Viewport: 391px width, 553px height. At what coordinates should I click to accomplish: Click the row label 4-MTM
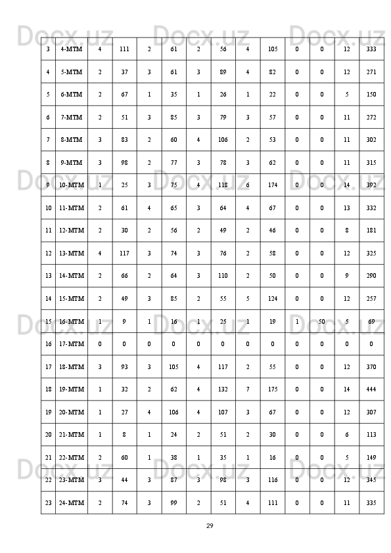pyautogui.click(x=71, y=49)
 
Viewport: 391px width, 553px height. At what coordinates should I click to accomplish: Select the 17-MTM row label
pyautogui.click(x=71, y=343)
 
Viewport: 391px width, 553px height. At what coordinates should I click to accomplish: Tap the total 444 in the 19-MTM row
pyautogui.click(x=371, y=389)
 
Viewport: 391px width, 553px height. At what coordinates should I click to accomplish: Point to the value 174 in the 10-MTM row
pyautogui.click(x=273, y=185)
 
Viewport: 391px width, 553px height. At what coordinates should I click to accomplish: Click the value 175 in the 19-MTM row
pyautogui.click(x=273, y=389)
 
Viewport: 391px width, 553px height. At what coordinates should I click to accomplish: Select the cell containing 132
pyautogui.click(x=223, y=389)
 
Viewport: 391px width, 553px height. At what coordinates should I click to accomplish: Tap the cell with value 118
pyautogui.click(x=223, y=185)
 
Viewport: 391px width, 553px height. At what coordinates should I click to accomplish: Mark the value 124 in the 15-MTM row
pyautogui.click(x=273, y=298)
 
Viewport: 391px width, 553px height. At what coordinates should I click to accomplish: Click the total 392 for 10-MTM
pyautogui.click(x=371, y=185)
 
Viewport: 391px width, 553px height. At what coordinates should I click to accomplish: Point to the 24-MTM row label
pyautogui.click(x=71, y=503)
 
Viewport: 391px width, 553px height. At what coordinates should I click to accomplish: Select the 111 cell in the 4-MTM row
pyautogui.click(x=124, y=49)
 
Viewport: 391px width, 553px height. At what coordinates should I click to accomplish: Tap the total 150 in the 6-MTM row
pyautogui.click(x=371, y=95)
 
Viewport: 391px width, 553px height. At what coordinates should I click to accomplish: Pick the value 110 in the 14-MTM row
pyautogui.click(x=223, y=276)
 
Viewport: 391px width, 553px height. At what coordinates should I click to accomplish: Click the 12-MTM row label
pyautogui.click(x=71, y=231)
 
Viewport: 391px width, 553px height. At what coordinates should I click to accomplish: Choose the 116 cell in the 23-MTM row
pyautogui.click(x=273, y=480)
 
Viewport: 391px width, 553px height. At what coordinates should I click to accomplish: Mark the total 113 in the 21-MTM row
pyautogui.click(x=371, y=435)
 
